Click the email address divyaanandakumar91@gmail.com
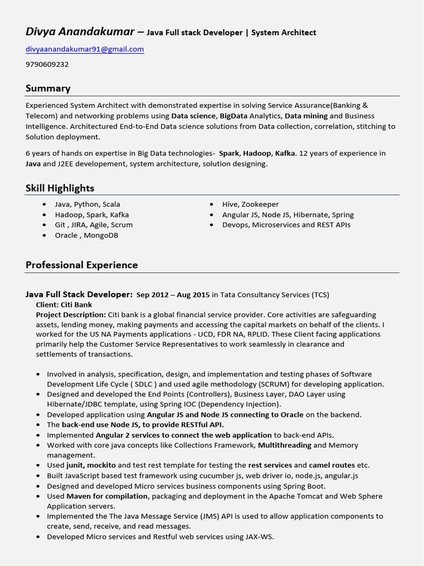point(84,49)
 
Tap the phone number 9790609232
point(47,64)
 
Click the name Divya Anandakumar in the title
point(79,32)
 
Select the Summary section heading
point(48,88)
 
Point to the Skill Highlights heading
point(60,188)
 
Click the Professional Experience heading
point(82,265)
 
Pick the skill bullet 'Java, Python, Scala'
point(87,205)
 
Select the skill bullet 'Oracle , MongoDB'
point(86,235)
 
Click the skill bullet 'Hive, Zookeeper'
point(250,205)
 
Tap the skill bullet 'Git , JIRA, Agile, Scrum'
point(93,225)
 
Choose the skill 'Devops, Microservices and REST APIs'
point(286,225)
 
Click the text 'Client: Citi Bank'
point(64,305)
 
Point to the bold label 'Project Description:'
point(71,315)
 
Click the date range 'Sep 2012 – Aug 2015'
point(173,295)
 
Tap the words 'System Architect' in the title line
point(284,33)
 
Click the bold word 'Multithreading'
point(284,445)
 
